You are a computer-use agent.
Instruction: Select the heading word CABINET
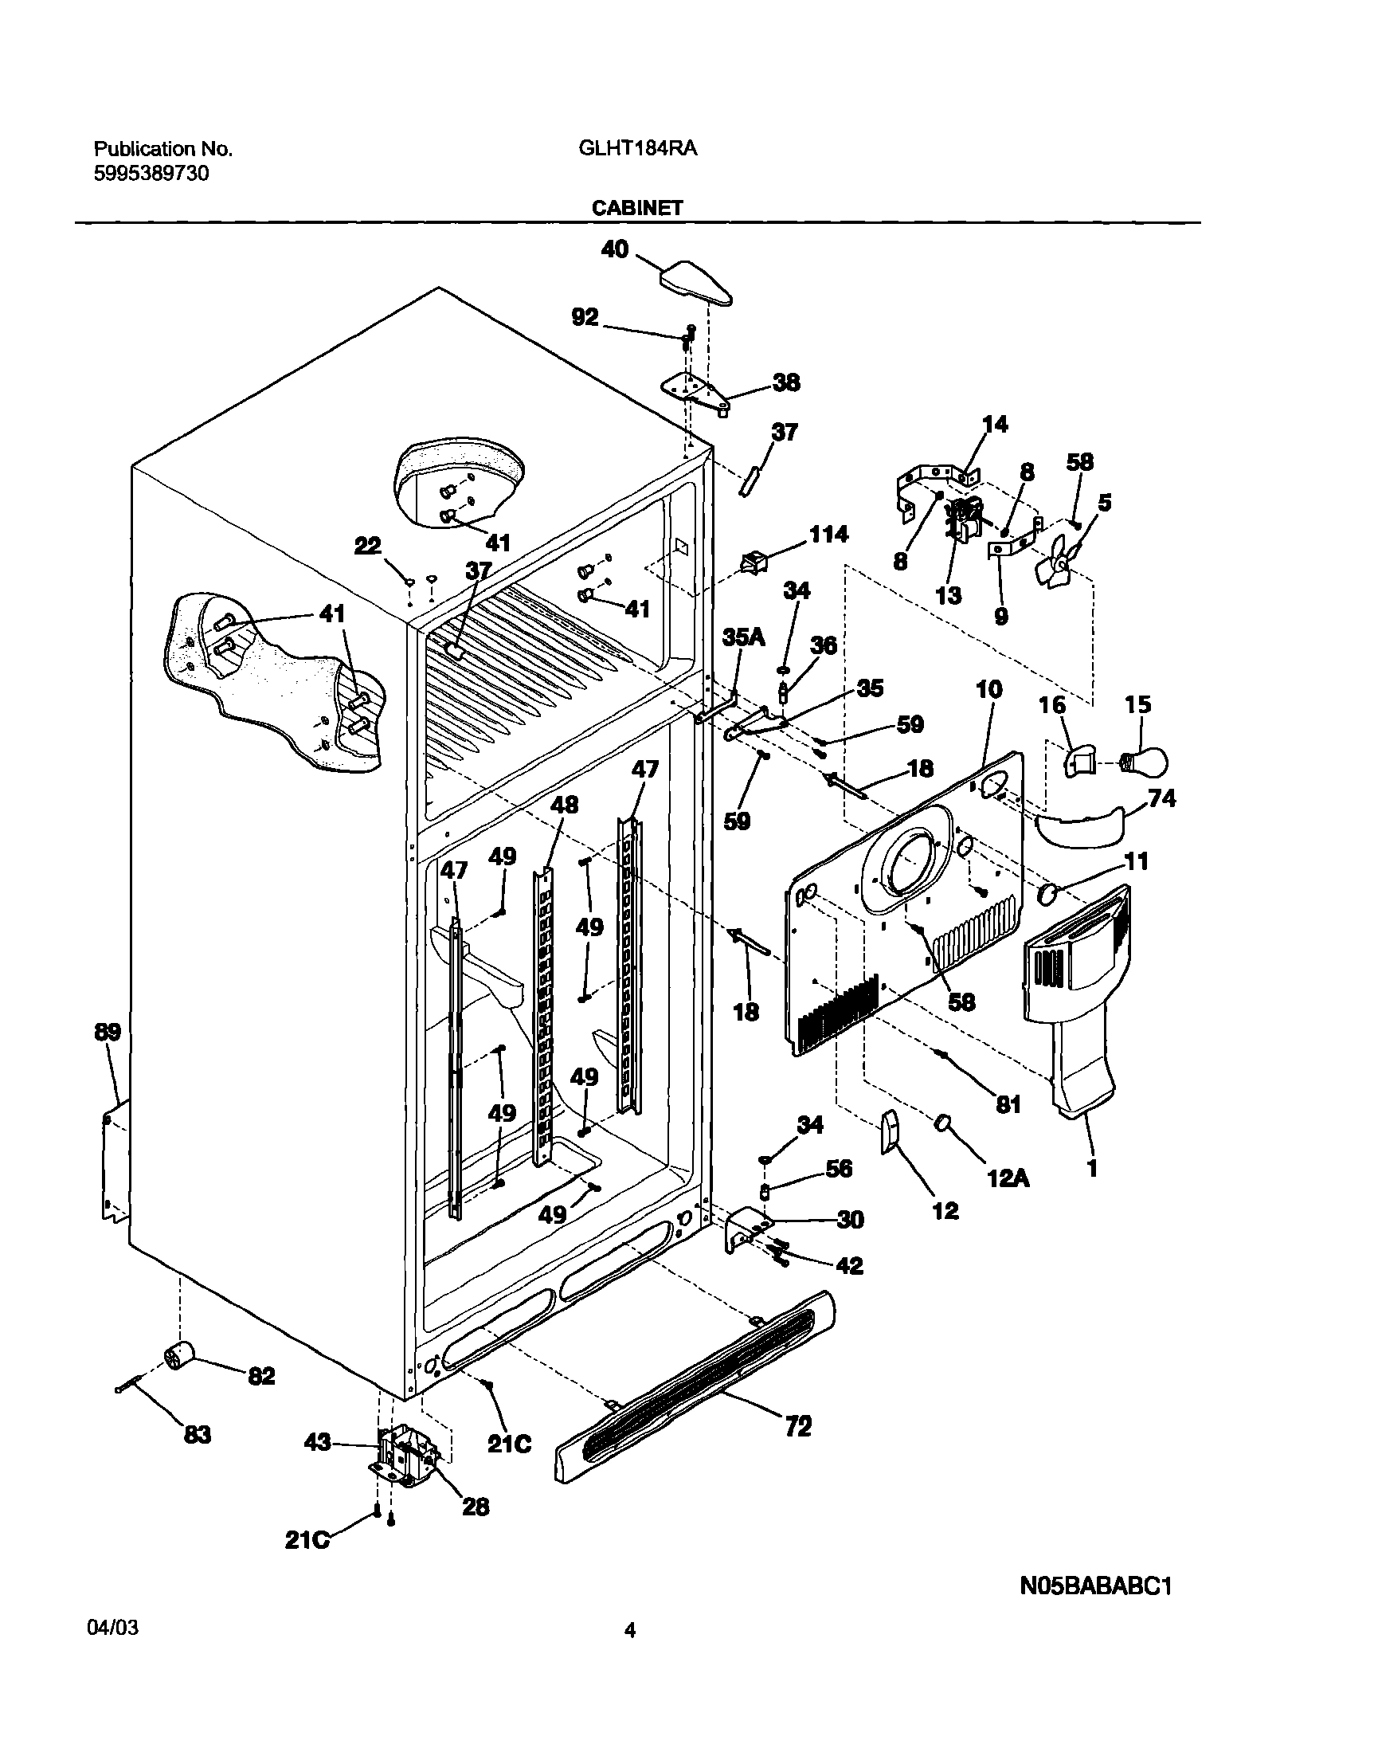[x=637, y=208]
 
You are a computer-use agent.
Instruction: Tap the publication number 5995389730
[x=152, y=173]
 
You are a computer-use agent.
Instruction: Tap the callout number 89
[x=108, y=1032]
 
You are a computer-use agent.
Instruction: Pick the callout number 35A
[x=742, y=637]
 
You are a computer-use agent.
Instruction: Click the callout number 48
[x=564, y=804]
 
